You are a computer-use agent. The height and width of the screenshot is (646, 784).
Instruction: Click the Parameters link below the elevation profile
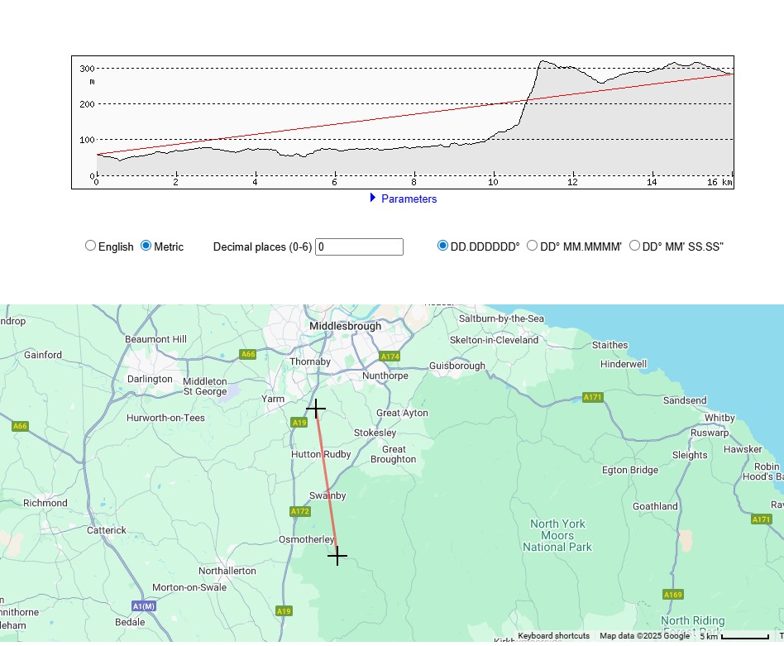pos(409,199)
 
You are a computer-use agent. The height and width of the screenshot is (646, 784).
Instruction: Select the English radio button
pos(91,246)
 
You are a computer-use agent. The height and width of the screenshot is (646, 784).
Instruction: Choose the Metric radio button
pos(146,246)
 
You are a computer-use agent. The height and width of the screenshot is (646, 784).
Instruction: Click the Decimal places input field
pos(359,246)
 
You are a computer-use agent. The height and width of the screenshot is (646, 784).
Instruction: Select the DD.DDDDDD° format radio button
pos(443,246)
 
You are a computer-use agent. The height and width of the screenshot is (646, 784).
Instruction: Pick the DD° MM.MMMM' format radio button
pos(533,246)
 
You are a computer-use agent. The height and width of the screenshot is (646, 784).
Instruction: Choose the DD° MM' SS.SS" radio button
pos(635,246)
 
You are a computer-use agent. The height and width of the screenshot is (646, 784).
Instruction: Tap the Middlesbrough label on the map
pos(345,326)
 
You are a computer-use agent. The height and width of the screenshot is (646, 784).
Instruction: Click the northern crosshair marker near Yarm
pos(316,409)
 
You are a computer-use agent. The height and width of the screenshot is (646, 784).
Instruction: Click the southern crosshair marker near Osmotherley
pos(337,556)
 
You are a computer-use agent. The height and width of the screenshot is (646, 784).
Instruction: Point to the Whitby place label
pos(719,418)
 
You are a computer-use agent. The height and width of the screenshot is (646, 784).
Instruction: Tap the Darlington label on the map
pos(150,379)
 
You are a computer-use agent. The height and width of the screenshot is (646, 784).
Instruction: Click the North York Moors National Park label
pos(557,535)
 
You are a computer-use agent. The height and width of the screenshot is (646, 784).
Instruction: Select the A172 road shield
pos(300,511)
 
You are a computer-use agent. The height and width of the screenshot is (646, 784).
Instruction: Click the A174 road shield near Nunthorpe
pos(390,356)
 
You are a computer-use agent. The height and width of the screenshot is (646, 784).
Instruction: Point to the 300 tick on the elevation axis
pos(86,69)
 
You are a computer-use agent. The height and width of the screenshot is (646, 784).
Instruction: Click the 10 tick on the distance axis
pos(493,182)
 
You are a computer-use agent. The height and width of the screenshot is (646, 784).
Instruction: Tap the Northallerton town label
pos(227,571)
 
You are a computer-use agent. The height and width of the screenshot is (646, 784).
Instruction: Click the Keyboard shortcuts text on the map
pos(553,636)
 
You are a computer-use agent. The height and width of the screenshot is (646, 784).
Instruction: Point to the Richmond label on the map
pos(45,503)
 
